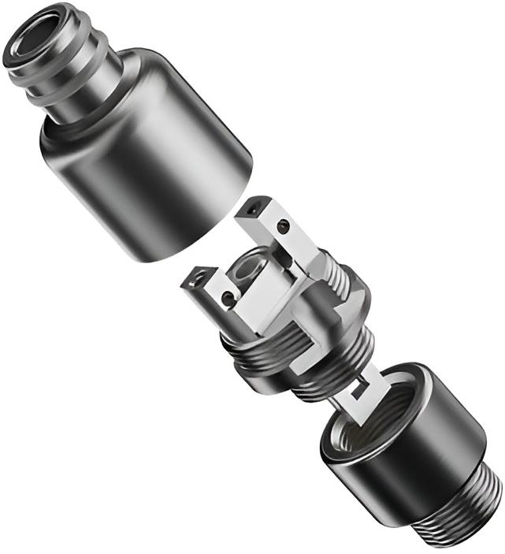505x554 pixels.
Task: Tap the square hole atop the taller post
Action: coord(254,210)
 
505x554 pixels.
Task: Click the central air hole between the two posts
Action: coord(246,272)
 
